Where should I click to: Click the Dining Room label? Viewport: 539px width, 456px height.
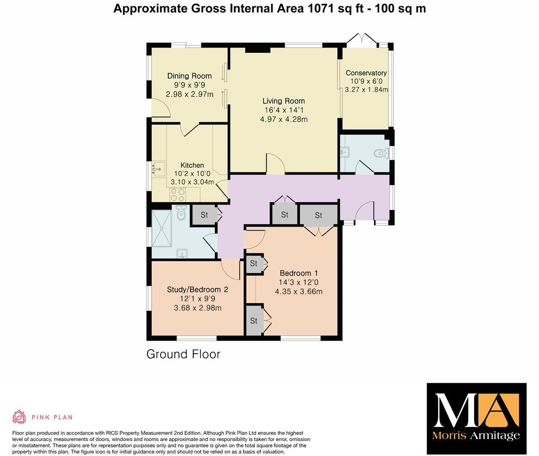click(x=189, y=76)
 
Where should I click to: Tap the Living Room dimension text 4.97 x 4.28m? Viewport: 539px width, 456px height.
click(x=284, y=119)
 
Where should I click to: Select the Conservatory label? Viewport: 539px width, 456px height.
click(x=366, y=73)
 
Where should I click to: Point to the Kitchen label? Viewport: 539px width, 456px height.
click(x=192, y=165)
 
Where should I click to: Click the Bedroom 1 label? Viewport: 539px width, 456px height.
click(x=299, y=273)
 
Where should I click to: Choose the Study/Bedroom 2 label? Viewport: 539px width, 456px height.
click(x=197, y=290)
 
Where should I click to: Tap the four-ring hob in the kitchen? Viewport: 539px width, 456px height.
click(x=177, y=195)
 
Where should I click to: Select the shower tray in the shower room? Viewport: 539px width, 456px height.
click(x=162, y=228)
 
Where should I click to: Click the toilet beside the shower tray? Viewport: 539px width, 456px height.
click(x=181, y=214)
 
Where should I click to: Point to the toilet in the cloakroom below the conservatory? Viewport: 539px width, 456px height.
click(x=381, y=153)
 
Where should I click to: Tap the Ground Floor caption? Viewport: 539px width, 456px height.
click(x=183, y=354)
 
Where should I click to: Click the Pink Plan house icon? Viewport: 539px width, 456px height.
click(x=19, y=417)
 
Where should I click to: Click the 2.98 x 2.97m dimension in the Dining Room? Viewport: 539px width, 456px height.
click(x=189, y=94)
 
